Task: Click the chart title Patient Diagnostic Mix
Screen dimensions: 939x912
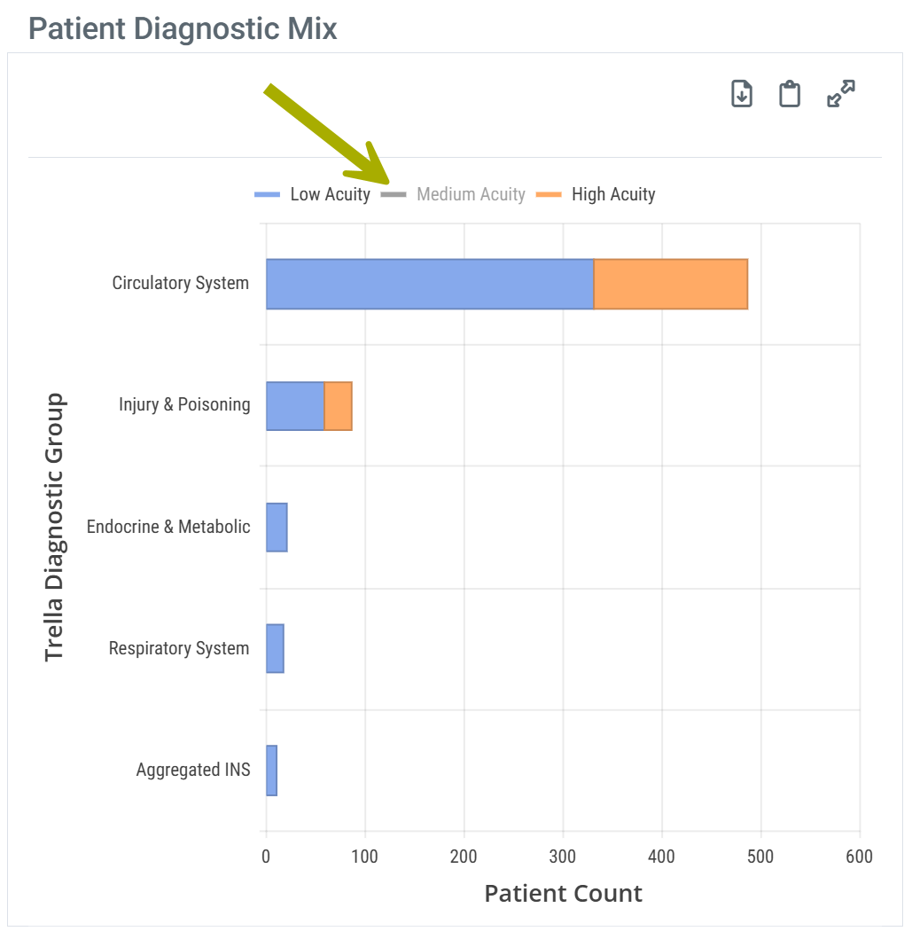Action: coord(183,28)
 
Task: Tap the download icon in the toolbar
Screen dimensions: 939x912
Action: coord(742,93)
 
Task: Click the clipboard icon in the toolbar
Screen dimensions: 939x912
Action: coord(790,93)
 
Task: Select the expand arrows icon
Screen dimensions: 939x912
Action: coord(840,93)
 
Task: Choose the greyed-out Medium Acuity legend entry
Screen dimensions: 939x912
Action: coord(454,194)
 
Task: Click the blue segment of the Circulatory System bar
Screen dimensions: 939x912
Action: coord(430,284)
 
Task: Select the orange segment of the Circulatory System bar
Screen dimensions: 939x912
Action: coord(671,284)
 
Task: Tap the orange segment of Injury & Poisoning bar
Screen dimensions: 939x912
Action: coord(339,406)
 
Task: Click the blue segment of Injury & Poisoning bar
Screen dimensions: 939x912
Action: coord(295,406)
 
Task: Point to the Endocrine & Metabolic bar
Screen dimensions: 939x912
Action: coord(277,527)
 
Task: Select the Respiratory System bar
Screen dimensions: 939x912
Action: coord(275,648)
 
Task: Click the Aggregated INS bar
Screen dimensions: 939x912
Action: coord(271,770)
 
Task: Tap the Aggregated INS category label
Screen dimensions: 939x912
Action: coord(193,770)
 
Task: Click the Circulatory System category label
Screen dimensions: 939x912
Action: coord(181,284)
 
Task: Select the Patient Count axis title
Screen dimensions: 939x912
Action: coord(563,893)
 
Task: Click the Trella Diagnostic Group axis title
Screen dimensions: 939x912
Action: coord(55,527)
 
